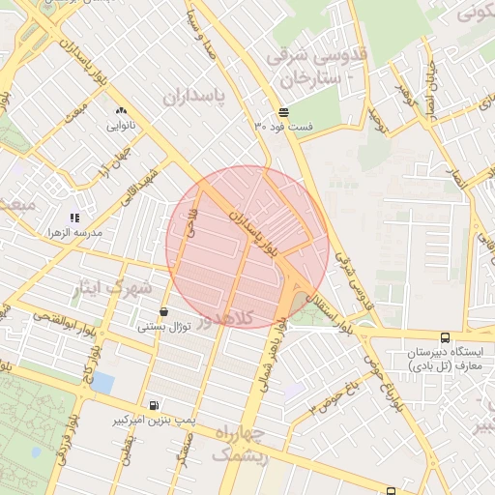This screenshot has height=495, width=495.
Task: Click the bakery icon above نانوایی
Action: point(121,111)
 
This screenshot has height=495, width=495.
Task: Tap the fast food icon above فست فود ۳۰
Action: point(282,112)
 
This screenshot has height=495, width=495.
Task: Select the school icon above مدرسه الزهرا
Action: point(74,218)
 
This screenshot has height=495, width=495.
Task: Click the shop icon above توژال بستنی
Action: point(161,311)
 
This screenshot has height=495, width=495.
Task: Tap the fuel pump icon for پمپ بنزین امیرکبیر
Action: point(154,405)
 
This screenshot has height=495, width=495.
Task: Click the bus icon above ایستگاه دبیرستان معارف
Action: point(445,338)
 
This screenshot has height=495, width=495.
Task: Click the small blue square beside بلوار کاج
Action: point(102,383)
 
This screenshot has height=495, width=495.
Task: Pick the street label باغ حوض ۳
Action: point(335,396)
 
